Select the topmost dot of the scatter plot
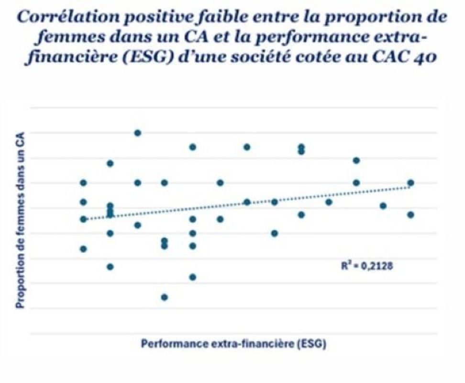(x=138, y=133)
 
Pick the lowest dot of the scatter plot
(x=165, y=297)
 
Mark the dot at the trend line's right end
(x=410, y=182)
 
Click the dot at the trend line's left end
(x=84, y=219)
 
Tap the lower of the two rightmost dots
(x=410, y=214)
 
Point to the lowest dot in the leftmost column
(x=84, y=248)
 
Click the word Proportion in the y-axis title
(x=22, y=286)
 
